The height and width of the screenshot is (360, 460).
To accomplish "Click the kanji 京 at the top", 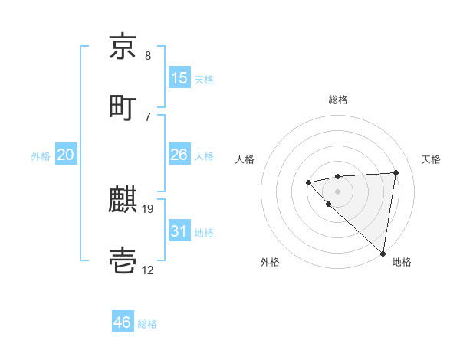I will click(123, 47).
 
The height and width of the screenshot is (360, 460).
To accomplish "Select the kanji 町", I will click(123, 107).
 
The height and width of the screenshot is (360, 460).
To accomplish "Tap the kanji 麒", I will click(123, 201).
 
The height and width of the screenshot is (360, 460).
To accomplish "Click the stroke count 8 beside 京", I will click(147, 56).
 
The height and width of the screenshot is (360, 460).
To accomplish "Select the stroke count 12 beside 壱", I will click(148, 270).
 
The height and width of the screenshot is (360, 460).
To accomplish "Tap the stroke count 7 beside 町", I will click(147, 116).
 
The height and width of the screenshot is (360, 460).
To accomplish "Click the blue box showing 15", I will click(179, 78).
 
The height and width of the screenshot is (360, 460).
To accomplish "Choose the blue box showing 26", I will click(179, 155).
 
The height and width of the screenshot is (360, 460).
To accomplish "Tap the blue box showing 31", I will click(179, 231).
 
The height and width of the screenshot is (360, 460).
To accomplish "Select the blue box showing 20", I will click(65, 155).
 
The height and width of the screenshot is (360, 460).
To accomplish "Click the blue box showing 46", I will click(123, 322).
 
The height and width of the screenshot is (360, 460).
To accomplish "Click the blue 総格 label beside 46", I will click(147, 324).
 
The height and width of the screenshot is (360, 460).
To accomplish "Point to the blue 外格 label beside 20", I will click(41, 156).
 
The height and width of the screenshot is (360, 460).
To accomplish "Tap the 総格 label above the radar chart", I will click(338, 100).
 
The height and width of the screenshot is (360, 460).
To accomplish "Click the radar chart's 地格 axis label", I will click(402, 262).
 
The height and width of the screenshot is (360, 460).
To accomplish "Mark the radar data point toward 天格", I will click(396, 172).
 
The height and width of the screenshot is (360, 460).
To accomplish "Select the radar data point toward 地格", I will click(383, 254).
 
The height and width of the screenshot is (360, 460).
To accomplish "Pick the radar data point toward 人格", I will click(308, 182).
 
